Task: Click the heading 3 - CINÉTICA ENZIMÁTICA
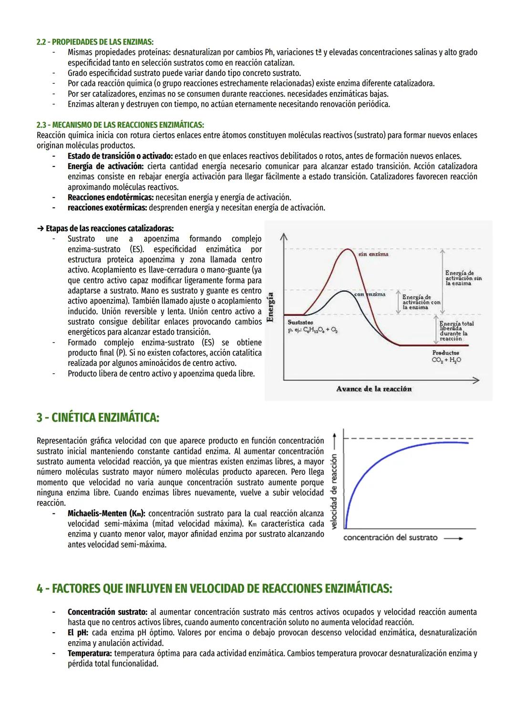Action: (x=98, y=418)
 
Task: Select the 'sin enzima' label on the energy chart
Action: (x=373, y=254)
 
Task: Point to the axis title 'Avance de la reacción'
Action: (x=373, y=389)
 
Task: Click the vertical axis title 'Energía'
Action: (x=271, y=307)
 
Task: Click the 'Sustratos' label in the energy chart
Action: (x=300, y=323)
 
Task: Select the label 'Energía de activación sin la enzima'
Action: (x=463, y=278)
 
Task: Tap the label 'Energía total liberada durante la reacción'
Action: (x=456, y=331)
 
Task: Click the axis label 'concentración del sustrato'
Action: (x=390, y=537)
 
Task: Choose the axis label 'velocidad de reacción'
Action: (x=334, y=491)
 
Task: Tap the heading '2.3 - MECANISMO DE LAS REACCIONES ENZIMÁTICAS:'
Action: (x=120, y=125)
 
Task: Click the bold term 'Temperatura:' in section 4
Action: (x=90, y=653)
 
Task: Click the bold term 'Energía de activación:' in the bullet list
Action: (x=105, y=166)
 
